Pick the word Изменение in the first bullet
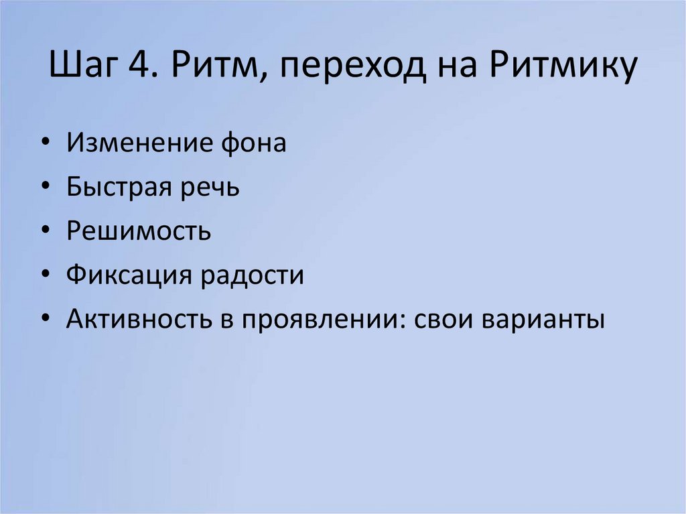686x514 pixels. pos(136,143)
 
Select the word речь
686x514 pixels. pos(210,187)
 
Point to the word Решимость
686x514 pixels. pos(139,231)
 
